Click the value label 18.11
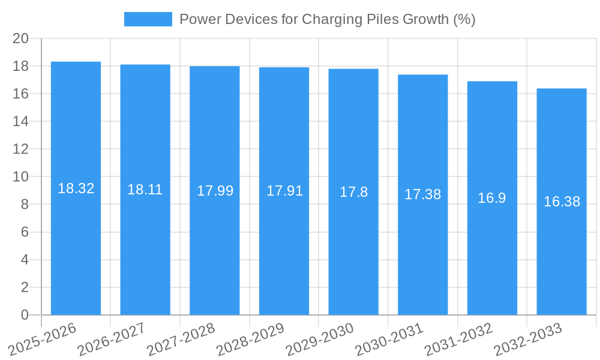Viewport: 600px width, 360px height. click(145, 190)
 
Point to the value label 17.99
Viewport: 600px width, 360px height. click(215, 191)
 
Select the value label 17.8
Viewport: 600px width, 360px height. click(353, 192)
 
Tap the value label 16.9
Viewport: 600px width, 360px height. click(492, 198)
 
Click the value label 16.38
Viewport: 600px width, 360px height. click(562, 202)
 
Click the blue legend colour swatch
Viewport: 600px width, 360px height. click(148, 19)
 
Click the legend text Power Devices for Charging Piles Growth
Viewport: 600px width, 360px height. click(327, 19)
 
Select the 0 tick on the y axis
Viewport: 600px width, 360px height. click(25, 315)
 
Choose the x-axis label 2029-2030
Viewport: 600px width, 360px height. click(320, 339)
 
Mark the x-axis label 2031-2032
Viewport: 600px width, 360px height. click(458, 339)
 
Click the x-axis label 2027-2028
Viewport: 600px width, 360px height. click(181, 339)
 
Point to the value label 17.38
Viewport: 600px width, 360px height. click(422, 194)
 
